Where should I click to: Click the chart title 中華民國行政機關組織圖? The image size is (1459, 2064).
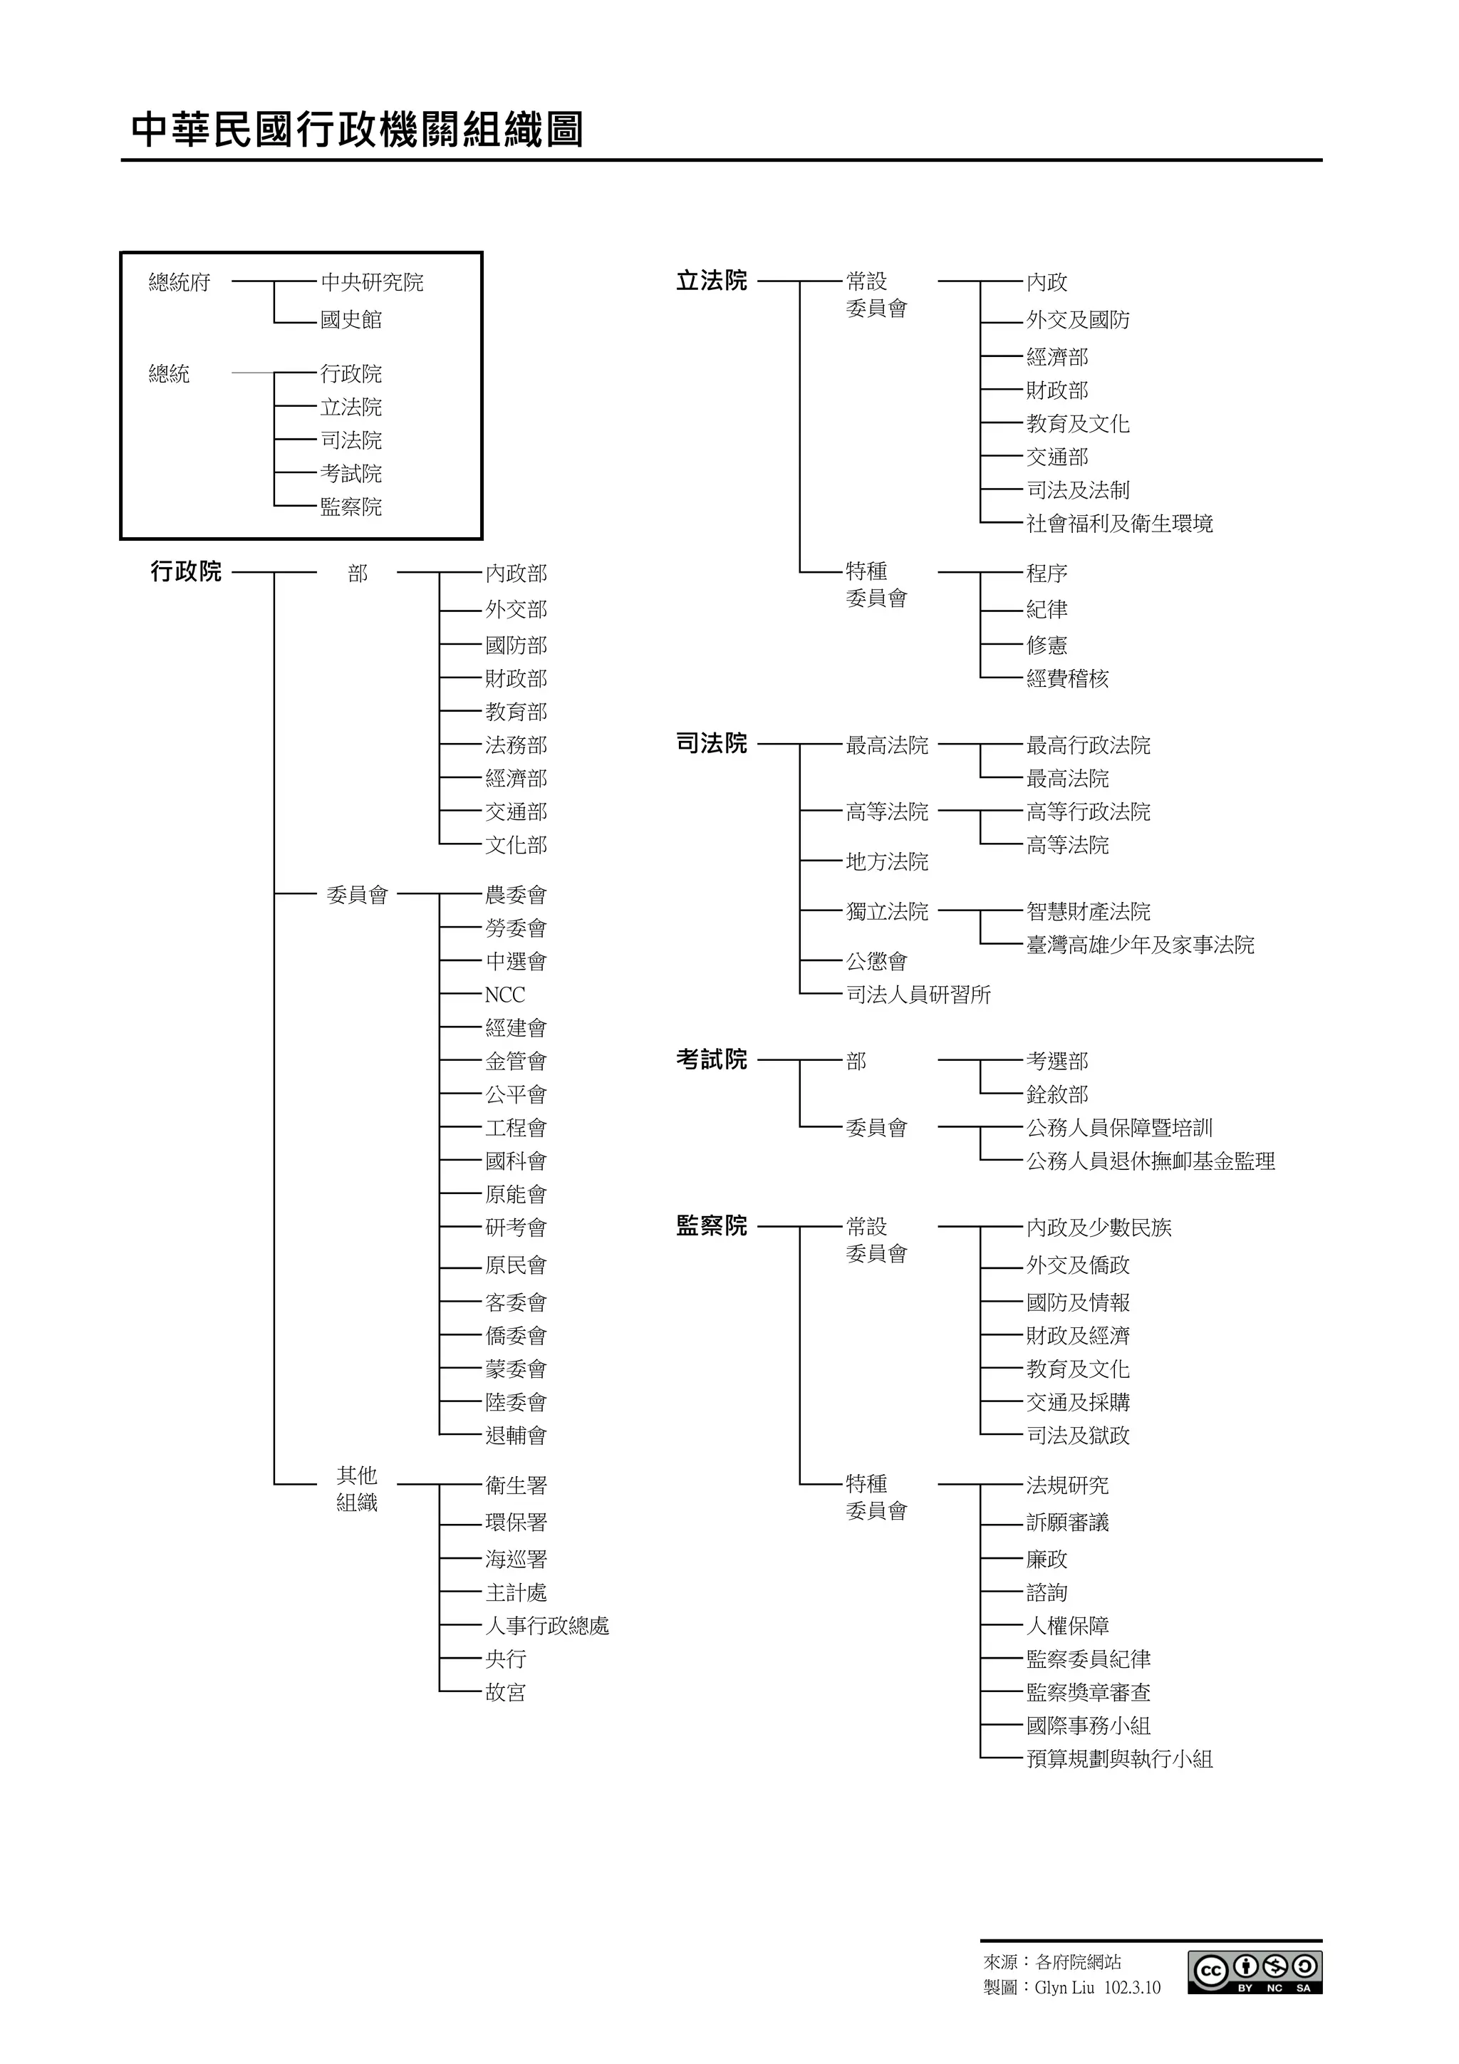(x=357, y=130)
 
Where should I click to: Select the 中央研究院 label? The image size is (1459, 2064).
(x=371, y=282)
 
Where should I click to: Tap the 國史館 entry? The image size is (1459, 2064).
(x=351, y=320)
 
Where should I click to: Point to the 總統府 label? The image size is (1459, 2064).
(x=179, y=282)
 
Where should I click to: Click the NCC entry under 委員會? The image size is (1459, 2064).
(x=504, y=995)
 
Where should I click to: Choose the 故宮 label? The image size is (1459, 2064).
(x=505, y=1693)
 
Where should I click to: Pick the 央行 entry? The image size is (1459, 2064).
(x=505, y=1659)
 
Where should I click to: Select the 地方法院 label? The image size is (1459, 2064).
(x=886, y=862)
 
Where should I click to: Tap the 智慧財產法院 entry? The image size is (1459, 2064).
(x=1088, y=911)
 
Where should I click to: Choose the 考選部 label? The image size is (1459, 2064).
(x=1057, y=1062)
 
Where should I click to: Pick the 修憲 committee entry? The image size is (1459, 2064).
(x=1047, y=645)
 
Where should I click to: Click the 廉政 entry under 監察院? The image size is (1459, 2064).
(x=1047, y=1560)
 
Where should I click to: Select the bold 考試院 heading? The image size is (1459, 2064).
(x=711, y=1061)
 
